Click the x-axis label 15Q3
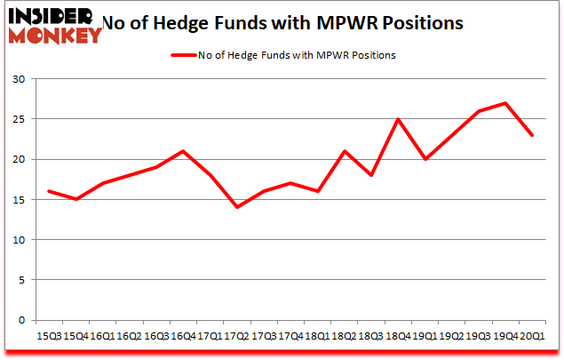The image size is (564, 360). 48,336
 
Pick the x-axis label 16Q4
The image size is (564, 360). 183,336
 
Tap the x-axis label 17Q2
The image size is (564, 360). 237,336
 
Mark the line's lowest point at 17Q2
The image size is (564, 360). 237,207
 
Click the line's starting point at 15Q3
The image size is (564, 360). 48,191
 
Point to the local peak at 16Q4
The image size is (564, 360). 183,151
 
